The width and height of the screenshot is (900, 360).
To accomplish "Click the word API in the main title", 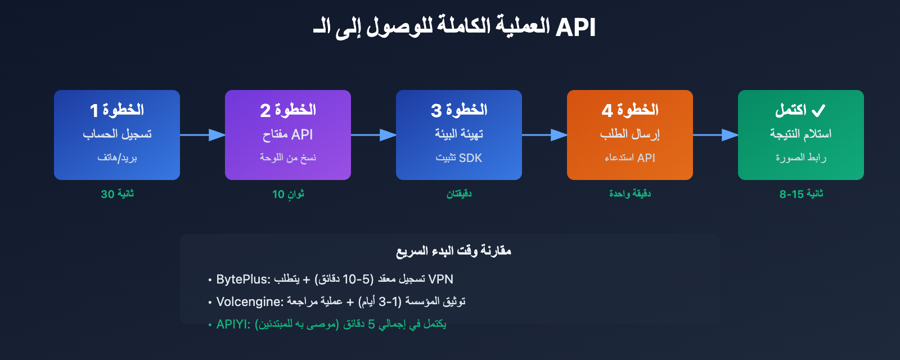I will coord(575,27).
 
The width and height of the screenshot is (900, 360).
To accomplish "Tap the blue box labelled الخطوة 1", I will coord(117,135).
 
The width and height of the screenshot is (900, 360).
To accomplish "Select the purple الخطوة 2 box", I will coord(288,135).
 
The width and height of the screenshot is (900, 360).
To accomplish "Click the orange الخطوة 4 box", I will coord(630,135).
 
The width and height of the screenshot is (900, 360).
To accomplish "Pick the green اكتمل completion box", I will coord(801,135).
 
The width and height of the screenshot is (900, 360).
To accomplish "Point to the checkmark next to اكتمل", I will coord(818,110).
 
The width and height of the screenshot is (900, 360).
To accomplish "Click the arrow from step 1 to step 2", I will coord(202,135).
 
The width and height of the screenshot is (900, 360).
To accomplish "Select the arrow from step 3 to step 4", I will coord(544,135).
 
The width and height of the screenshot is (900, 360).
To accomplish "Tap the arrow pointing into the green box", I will coord(715,135).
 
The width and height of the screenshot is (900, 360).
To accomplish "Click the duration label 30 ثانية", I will coord(117,194).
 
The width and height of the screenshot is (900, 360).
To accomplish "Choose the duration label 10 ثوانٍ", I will coord(288,194).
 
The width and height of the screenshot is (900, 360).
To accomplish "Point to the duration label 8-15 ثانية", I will coord(801,194).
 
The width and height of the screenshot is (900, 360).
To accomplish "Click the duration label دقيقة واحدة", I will coord(630,194).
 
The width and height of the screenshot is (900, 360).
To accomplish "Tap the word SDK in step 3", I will coord(470,158).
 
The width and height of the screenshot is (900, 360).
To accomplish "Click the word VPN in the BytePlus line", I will coord(440,280).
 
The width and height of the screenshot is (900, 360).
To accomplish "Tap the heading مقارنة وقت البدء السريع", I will coord(453,251).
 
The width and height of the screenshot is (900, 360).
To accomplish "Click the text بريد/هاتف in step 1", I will coord(117,158).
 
